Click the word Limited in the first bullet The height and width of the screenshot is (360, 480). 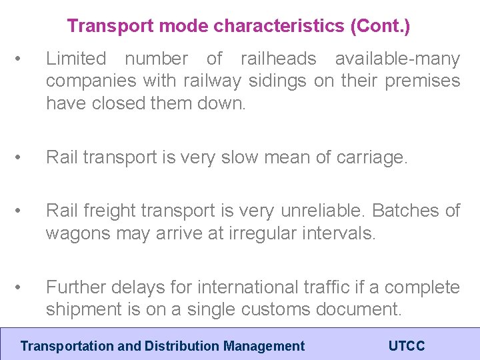[76, 59]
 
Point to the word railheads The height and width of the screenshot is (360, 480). [279, 59]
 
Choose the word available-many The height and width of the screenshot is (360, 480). [397, 59]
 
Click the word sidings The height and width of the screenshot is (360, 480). [275, 81]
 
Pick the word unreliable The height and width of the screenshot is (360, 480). [319, 211]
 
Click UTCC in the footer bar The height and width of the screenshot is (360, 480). [406, 346]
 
